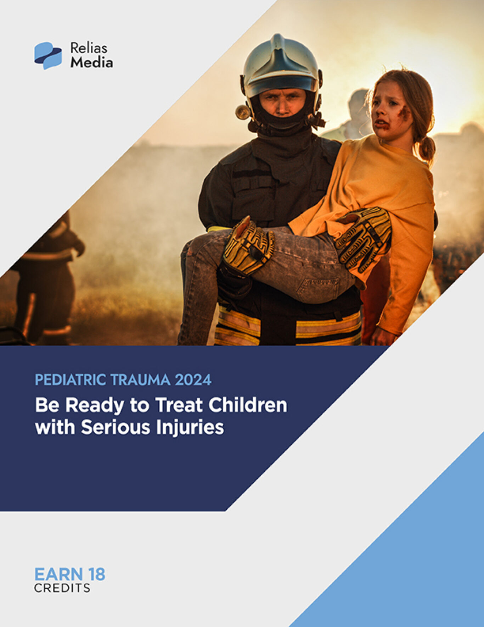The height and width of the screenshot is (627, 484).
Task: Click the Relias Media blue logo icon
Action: click(48, 55)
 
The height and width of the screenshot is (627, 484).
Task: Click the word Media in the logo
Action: click(91, 63)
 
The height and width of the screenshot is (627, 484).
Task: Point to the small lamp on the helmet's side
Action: click(243, 112)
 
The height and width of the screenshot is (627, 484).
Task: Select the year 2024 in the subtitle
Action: click(193, 380)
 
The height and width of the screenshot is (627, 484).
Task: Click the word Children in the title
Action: click(248, 405)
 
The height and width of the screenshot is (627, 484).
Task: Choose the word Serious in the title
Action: click(116, 427)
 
